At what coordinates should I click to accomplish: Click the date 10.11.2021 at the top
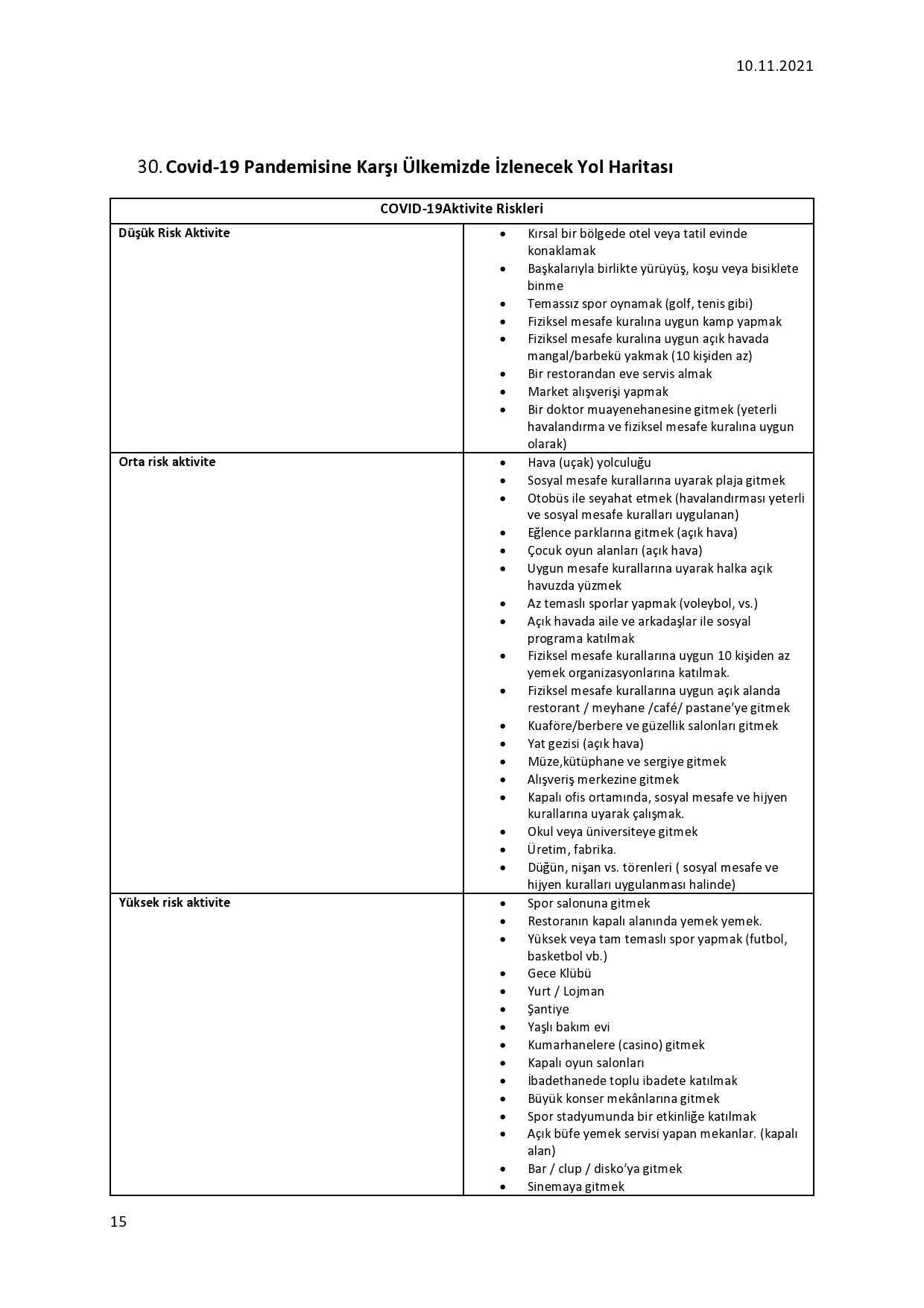774,66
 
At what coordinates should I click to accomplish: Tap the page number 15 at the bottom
118,1221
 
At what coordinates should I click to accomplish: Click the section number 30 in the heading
148,167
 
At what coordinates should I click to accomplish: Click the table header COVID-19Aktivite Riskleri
461,209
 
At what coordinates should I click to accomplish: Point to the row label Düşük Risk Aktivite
174,233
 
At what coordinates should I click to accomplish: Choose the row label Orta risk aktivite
167,462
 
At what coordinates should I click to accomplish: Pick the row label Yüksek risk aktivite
174,902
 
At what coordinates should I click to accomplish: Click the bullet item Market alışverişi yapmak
598,392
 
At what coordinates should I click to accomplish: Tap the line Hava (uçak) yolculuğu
589,462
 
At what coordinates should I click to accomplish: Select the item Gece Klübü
559,973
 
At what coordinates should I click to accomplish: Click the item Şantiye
548,1009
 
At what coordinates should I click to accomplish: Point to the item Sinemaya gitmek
575,1186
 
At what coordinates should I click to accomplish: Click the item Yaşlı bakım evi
569,1027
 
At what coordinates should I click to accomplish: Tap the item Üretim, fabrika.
572,849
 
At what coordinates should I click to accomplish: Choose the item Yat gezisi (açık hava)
585,743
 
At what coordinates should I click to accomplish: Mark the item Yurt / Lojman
566,991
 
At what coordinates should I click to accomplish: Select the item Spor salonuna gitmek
589,903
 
